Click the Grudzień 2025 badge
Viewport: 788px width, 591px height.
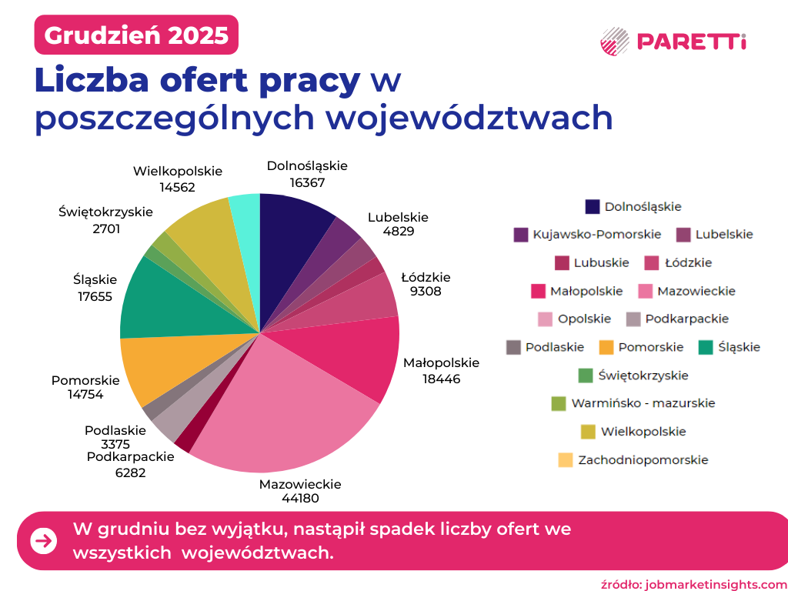tap(136, 35)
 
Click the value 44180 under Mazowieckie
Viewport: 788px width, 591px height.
tap(299, 499)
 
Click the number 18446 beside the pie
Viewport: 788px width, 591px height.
tap(441, 378)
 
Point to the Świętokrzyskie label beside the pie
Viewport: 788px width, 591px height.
tap(105, 212)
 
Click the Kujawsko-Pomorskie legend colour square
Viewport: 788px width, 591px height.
tap(521, 235)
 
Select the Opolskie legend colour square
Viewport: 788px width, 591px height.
tap(546, 319)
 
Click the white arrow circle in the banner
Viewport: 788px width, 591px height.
tap(44, 541)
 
